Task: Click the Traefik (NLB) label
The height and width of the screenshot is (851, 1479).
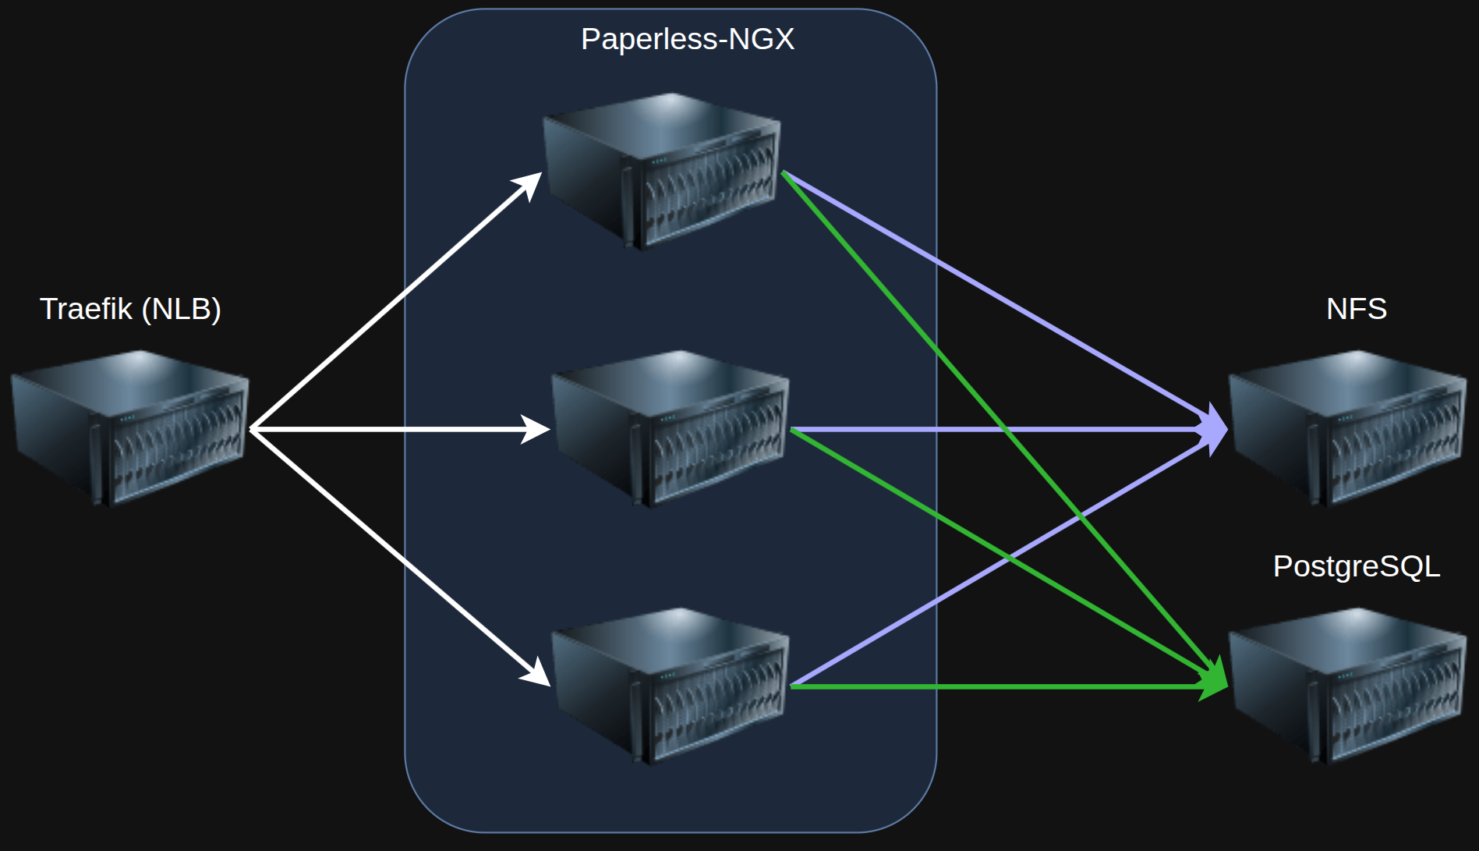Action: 130,309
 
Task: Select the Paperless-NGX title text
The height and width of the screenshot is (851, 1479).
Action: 687,39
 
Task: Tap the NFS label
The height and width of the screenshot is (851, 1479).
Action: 1356,309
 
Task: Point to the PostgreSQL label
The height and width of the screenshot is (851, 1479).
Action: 1356,566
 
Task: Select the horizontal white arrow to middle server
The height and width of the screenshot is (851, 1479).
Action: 390,429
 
